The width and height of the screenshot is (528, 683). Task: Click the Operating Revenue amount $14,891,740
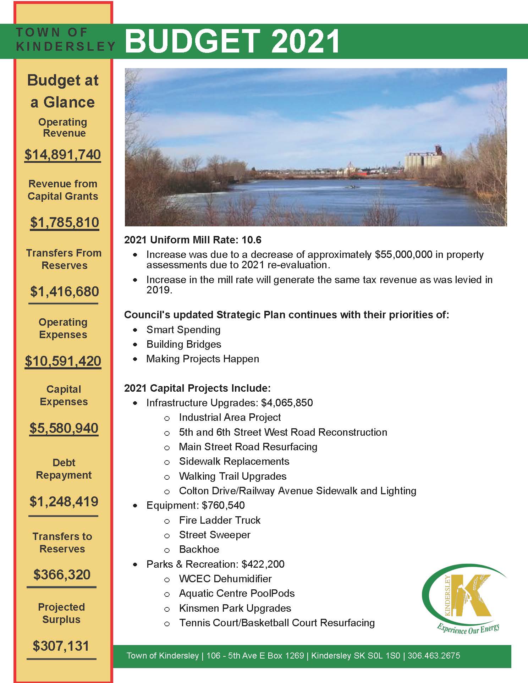[63, 155]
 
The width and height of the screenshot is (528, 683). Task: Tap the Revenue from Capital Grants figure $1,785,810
[65, 222]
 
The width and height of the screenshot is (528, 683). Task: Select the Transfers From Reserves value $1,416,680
[65, 291]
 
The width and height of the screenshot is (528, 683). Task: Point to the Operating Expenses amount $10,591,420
[63, 361]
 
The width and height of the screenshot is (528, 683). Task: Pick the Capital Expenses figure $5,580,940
[64, 428]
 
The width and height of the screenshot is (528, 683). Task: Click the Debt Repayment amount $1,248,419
[64, 501]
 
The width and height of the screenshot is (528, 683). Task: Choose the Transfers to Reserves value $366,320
[62, 574]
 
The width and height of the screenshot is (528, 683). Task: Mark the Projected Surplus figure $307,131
[61, 646]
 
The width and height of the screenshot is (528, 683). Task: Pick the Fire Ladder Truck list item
[220, 520]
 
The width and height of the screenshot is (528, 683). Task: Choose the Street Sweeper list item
[215, 535]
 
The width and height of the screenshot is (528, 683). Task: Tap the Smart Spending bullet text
[183, 330]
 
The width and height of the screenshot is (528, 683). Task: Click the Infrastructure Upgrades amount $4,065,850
[287, 403]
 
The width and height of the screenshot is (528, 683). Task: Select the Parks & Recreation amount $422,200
[263, 564]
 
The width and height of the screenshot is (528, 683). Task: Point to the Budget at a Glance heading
[63, 91]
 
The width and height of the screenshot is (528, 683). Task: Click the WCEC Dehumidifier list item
[225, 579]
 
